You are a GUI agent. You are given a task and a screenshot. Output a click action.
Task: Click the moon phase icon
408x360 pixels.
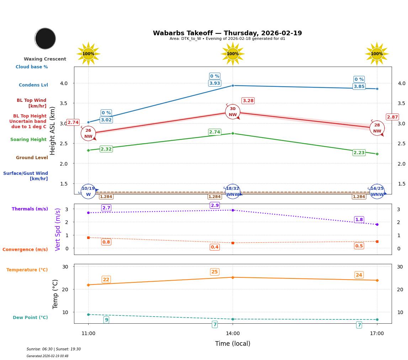pos(45,38)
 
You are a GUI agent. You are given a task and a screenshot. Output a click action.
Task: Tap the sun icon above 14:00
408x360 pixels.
pos(233,54)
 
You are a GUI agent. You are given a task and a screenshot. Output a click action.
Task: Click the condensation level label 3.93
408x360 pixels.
pos(214,83)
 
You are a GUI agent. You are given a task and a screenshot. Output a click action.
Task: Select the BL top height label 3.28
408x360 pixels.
pos(248,101)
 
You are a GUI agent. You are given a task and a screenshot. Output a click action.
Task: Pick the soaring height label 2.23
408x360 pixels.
pos(359,153)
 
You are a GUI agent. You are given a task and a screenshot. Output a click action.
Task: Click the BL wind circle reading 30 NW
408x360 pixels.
pos(233,112)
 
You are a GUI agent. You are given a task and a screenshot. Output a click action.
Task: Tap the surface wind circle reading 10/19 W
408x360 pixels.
pos(88,192)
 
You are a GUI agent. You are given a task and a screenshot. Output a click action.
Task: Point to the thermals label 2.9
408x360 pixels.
pos(215,205)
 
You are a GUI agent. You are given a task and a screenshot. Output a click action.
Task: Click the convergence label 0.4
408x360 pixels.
pos(214,247)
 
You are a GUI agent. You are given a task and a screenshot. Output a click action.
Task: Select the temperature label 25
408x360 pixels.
pos(214,272)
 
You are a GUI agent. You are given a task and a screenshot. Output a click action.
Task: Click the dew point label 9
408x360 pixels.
pos(106,320)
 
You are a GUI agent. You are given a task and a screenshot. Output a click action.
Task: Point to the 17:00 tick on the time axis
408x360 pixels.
pos(377,334)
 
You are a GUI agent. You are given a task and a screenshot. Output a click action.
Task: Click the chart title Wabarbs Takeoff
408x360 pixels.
pos(227,33)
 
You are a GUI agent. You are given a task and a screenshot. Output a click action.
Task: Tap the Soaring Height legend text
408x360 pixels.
pos(28,140)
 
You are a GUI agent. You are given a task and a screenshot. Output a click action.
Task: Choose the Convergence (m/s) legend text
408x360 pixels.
pos(25,250)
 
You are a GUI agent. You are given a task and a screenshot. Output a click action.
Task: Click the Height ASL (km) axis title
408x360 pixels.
pos(53,130)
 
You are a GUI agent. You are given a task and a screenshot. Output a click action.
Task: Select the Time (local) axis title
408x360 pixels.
pos(233,344)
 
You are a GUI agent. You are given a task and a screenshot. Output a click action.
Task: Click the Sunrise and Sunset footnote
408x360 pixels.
pos(54,349)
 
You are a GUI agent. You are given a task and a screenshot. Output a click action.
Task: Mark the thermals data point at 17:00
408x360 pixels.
pos(377,224)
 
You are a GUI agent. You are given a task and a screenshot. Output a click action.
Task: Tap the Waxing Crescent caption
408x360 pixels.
pos(45,59)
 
